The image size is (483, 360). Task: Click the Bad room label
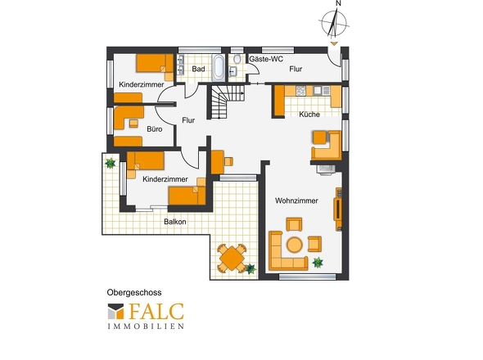pos(198,69)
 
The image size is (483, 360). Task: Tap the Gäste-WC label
pos(266,59)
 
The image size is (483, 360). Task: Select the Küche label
pos(309,115)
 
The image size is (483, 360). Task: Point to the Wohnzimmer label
pos(296,200)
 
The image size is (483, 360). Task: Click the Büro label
pos(155,129)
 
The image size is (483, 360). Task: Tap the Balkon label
pos(175,222)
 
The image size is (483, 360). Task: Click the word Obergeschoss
pos(134,292)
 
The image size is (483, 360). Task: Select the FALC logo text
pos(156,312)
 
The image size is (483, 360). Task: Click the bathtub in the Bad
pos(219,68)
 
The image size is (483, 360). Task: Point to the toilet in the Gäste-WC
pos(237,59)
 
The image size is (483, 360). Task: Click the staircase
pos(228,101)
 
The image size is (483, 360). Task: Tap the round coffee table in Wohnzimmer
pos(294,245)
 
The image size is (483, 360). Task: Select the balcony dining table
pos(232,259)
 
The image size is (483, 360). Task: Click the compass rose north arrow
pos(334,22)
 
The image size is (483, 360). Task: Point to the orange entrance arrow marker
pos(334,43)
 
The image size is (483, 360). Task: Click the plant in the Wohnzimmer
pos(318,263)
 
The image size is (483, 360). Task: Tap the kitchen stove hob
pos(300,91)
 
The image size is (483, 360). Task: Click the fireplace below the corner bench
pos(326,169)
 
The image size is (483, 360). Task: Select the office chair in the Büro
pos(133,124)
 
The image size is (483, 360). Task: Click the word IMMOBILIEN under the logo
pos(146,326)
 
